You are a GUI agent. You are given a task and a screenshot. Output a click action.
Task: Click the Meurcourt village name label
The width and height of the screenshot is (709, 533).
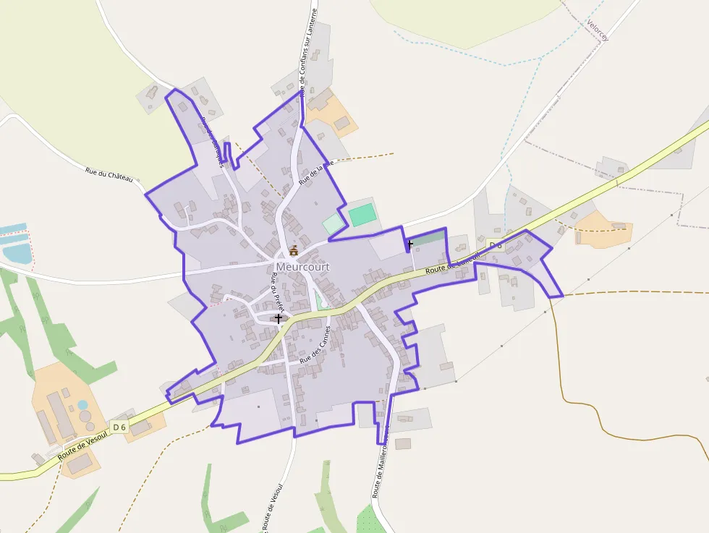[302, 267]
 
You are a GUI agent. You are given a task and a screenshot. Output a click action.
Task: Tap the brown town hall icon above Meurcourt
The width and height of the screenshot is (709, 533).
[294, 251]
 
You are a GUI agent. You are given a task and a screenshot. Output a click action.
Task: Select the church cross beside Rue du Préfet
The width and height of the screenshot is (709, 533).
[279, 318]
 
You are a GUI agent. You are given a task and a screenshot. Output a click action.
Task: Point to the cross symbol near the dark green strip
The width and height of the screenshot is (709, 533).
[409, 244]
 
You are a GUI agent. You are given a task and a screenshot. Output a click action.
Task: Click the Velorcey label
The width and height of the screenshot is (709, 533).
[598, 29]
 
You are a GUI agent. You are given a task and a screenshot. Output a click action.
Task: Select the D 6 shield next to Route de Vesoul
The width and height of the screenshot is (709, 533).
[119, 427]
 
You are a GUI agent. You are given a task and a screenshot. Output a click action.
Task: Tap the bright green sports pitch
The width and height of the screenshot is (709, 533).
[362, 215]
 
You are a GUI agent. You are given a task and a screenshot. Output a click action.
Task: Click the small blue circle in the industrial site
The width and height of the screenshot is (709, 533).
[82, 405]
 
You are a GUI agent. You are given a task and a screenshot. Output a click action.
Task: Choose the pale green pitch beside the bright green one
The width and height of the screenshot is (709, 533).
[333, 224]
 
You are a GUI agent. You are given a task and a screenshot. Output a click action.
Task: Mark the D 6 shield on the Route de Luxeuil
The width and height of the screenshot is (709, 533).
[496, 245]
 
